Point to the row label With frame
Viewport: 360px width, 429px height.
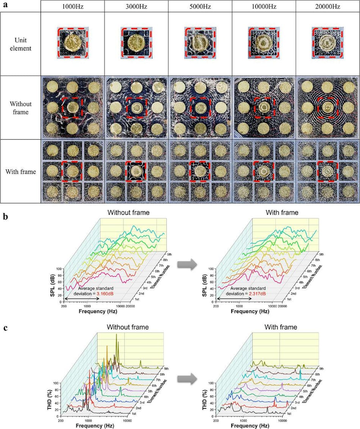tap(21, 172)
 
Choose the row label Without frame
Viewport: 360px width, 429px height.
tap(21, 108)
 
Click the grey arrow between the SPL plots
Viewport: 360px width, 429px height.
tap(188, 264)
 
